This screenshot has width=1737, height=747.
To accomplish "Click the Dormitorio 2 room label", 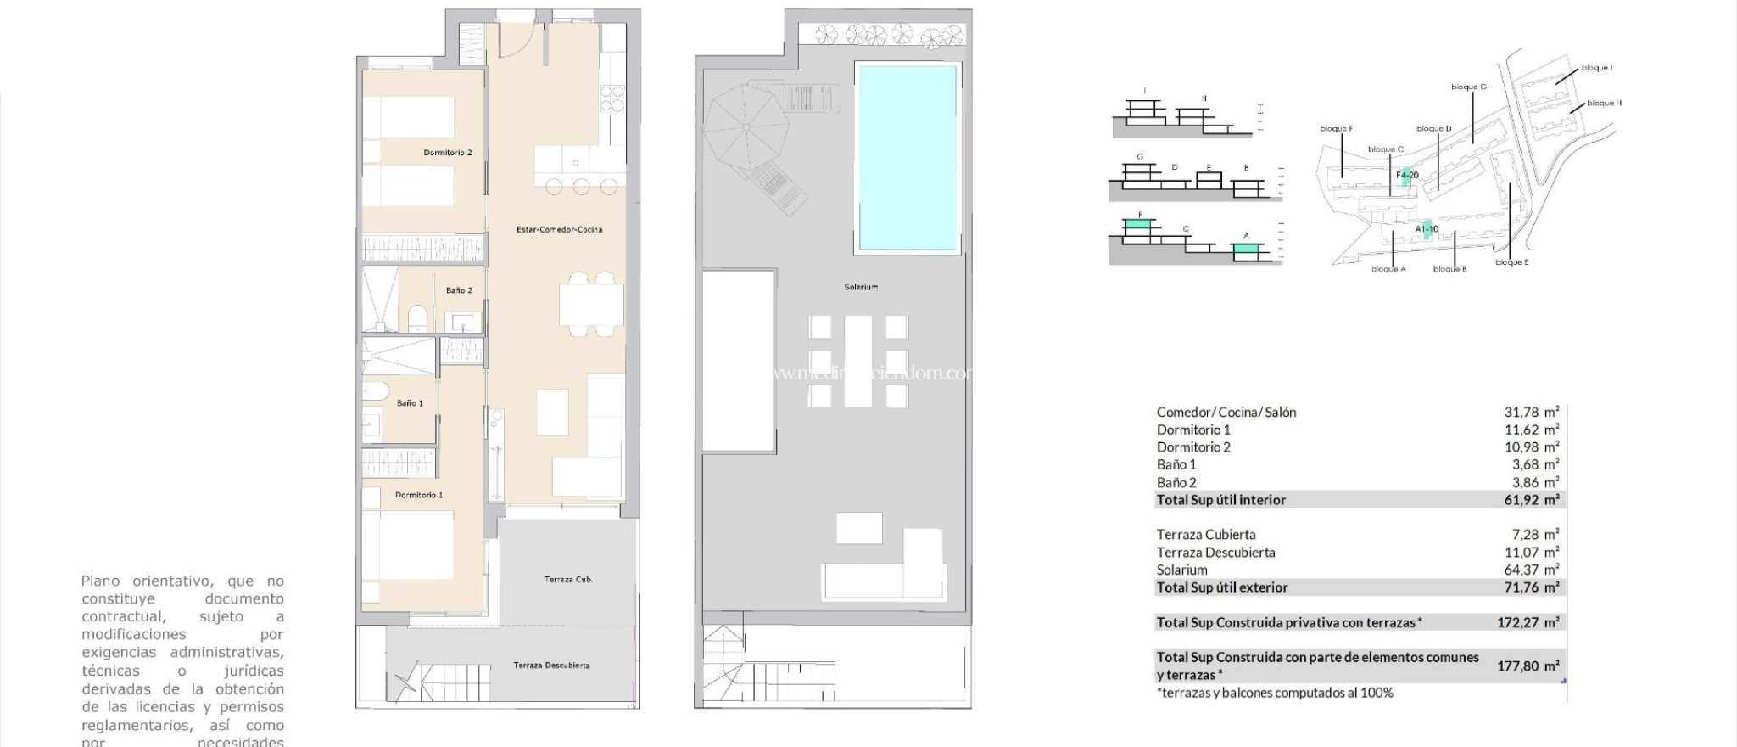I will pos(447,153).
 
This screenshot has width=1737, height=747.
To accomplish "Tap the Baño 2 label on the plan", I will pos(459,290).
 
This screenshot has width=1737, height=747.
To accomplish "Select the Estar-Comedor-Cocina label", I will pos(559,229).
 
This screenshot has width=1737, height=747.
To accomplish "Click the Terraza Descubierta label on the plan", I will pos(551,666).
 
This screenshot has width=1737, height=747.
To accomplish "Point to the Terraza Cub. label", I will pos(567,580).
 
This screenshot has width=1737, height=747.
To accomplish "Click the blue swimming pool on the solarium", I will pos(907,157).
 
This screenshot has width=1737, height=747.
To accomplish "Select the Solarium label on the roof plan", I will pos(860,287).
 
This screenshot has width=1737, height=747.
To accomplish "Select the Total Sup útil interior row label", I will pos(1220,500).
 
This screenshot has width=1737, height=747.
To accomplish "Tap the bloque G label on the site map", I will pos(1468,87).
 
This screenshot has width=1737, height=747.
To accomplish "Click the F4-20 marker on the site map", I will pos(1407,176).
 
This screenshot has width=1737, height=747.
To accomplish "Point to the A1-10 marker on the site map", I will pos(1426,229).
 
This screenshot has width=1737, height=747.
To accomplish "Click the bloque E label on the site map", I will pos(1511,262).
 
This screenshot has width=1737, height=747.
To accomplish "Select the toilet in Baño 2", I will pos(417,318).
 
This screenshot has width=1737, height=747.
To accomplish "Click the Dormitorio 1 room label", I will pos(418,495).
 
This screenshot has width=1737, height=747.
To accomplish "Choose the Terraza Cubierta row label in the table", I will pos(1205,535).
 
